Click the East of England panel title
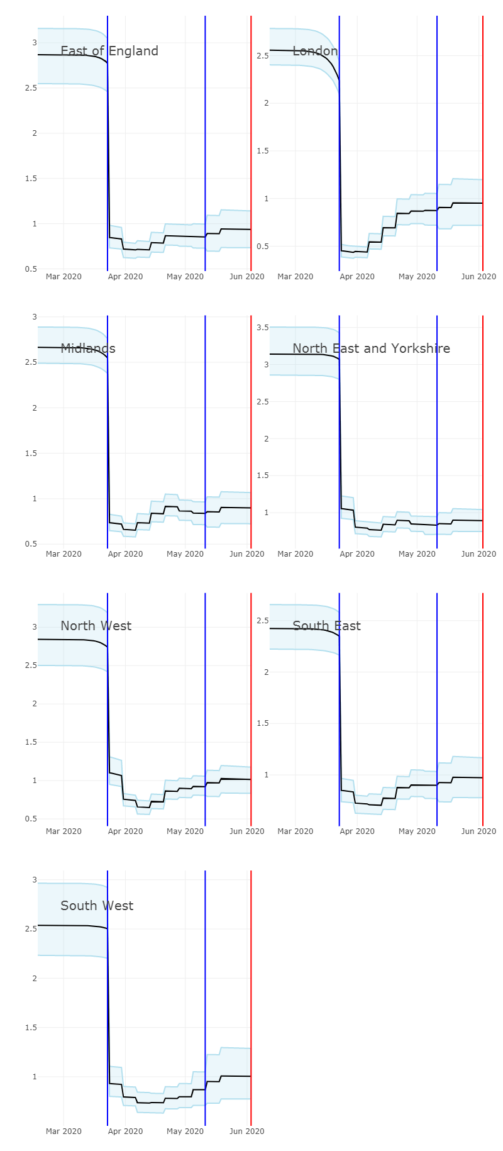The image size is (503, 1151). tap(109, 51)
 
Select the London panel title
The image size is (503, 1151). tap(315, 51)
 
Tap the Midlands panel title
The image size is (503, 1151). tap(88, 348)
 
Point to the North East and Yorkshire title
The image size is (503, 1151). tap(371, 348)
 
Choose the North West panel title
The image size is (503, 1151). tap(96, 626)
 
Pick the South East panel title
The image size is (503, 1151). tap(326, 626)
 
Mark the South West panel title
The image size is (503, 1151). tap(97, 906)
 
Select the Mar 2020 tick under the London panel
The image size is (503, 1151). tap(296, 277)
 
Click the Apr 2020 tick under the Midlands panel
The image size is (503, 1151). tap(125, 554)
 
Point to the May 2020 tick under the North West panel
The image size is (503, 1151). tap(185, 831)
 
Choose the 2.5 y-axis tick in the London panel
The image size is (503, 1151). tap(262, 56)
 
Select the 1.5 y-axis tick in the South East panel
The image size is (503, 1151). tap(262, 723)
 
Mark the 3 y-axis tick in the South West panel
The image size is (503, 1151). tap(35, 880)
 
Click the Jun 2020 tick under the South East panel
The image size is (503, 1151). tap(479, 831)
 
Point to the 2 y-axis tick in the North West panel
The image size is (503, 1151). tap(35, 704)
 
